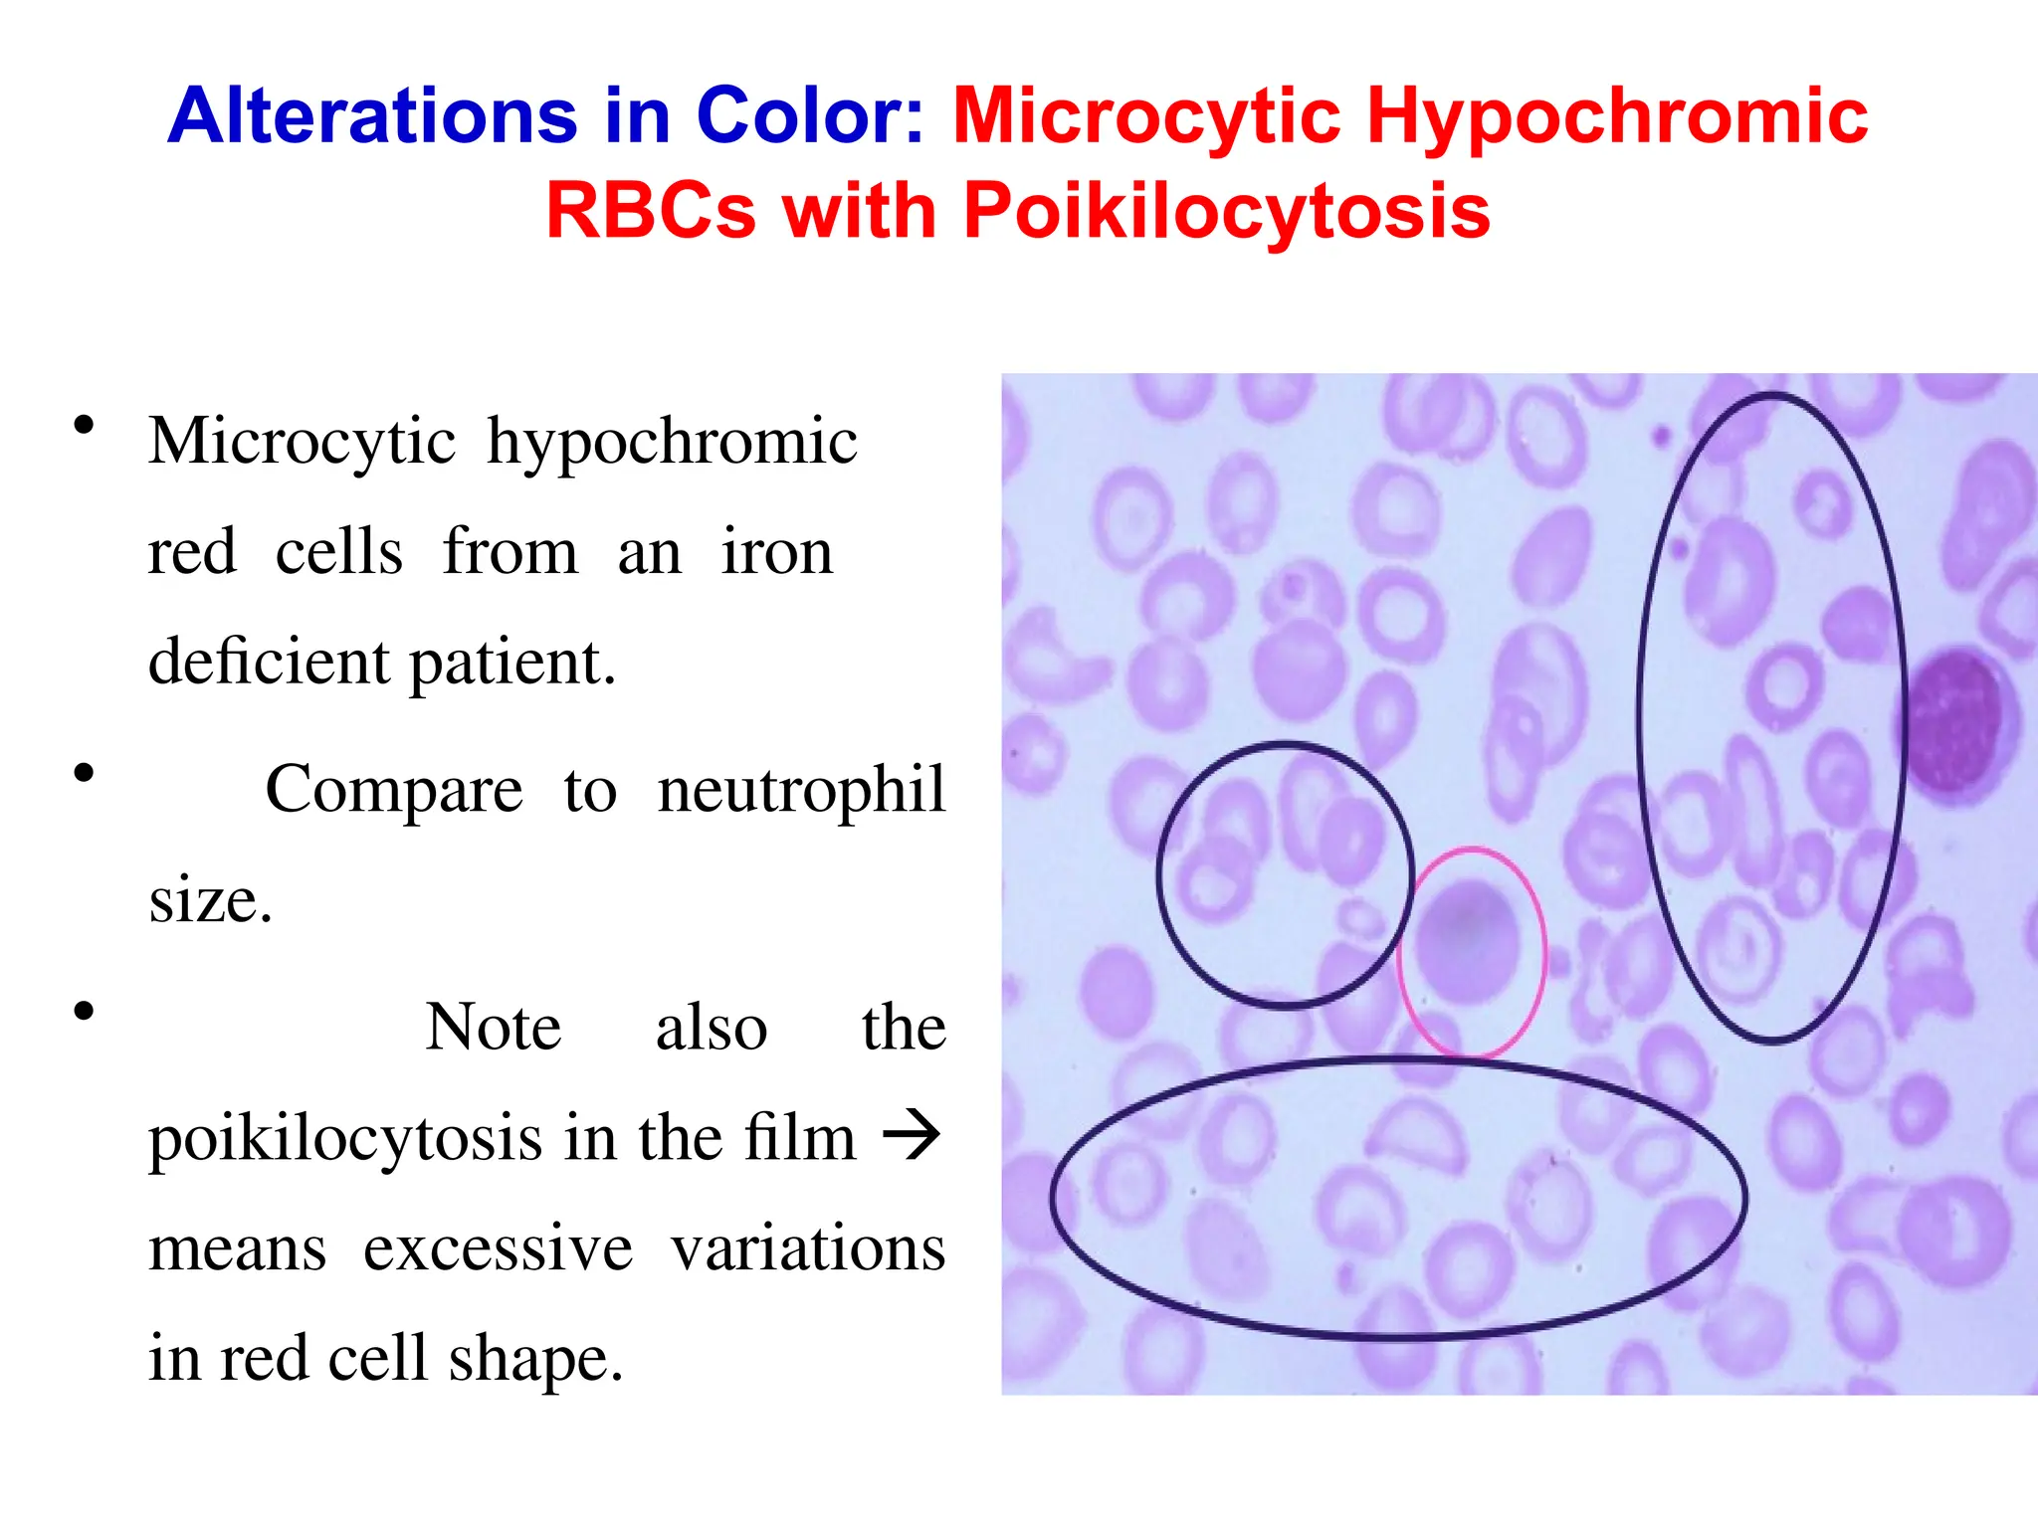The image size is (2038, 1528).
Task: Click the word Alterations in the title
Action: coord(372,116)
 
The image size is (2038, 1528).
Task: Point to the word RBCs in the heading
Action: coord(651,212)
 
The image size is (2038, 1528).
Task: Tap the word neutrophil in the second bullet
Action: coord(801,789)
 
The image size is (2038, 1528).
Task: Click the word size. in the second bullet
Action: coord(210,900)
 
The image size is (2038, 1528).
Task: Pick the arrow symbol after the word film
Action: coord(912,1136)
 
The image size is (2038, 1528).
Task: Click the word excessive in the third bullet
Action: coord(498,1247)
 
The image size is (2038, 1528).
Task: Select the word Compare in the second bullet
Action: coord(394,789)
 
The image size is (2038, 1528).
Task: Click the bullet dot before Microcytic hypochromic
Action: coord(85,426)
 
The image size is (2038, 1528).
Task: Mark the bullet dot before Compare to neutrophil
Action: coord(85,773)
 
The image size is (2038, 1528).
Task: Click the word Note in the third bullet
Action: coord(494,1027)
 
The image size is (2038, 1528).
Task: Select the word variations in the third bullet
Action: coord(807,1247)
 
